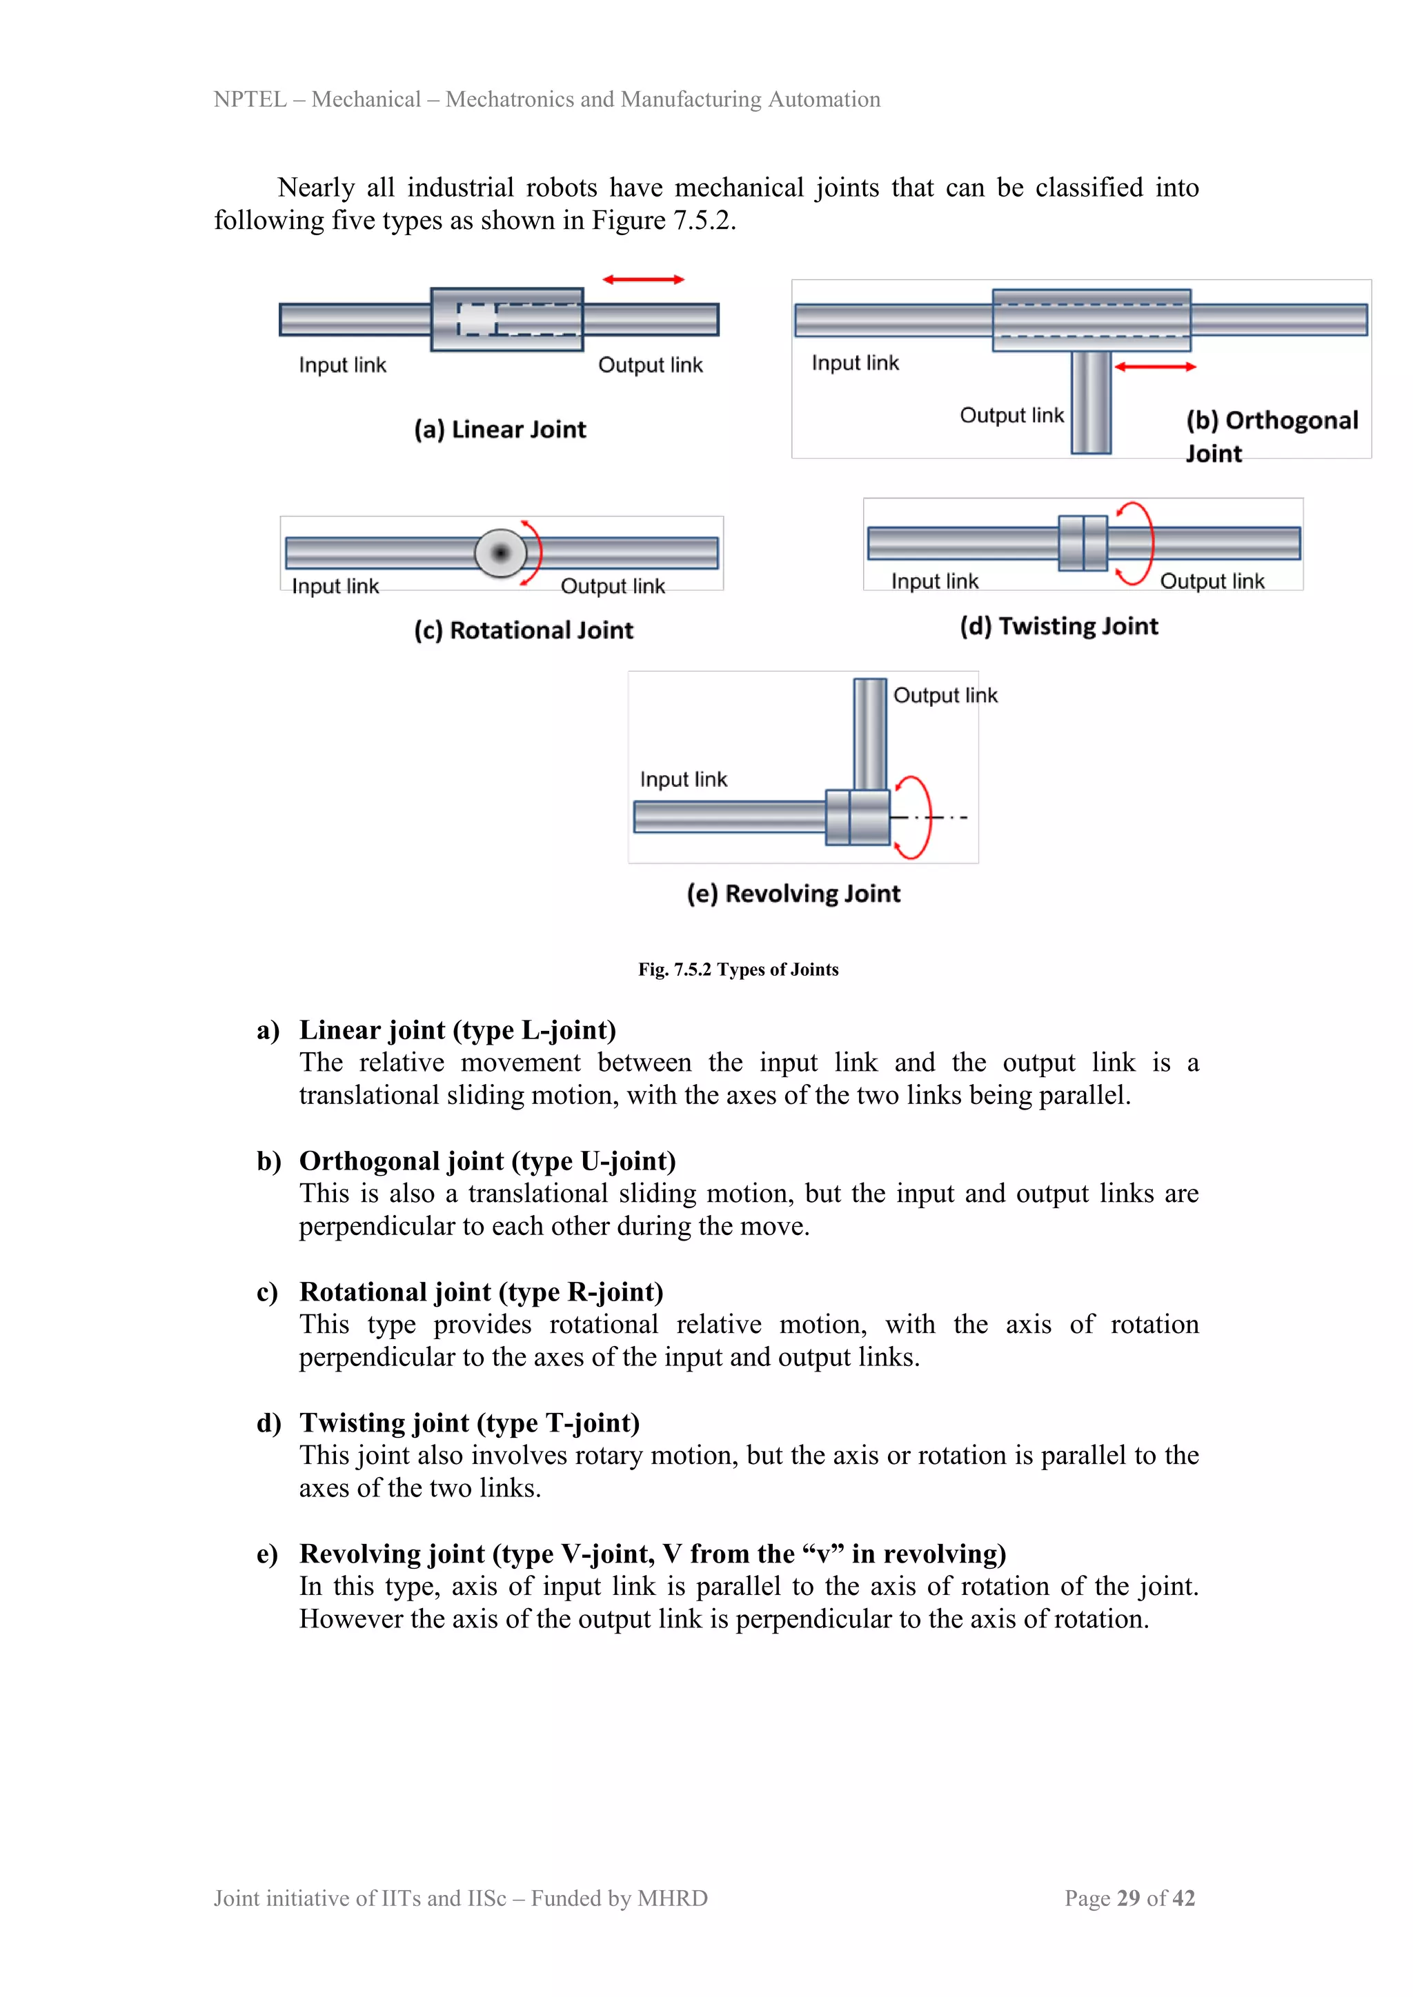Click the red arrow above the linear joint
(644, 279)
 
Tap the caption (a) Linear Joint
(500, 430)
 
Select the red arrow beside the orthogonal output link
(1156, 367)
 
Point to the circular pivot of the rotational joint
(500, 552)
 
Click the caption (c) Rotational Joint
(524, 630)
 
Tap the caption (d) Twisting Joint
(1059, 626)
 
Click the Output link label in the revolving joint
(945, 695)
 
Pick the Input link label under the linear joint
(342, 365)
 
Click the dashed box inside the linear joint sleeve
(476, 319)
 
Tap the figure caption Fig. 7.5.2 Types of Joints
(738, 969)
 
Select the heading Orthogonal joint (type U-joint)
(487, 1161)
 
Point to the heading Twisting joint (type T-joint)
(470, 1423)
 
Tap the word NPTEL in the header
(250, 99)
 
